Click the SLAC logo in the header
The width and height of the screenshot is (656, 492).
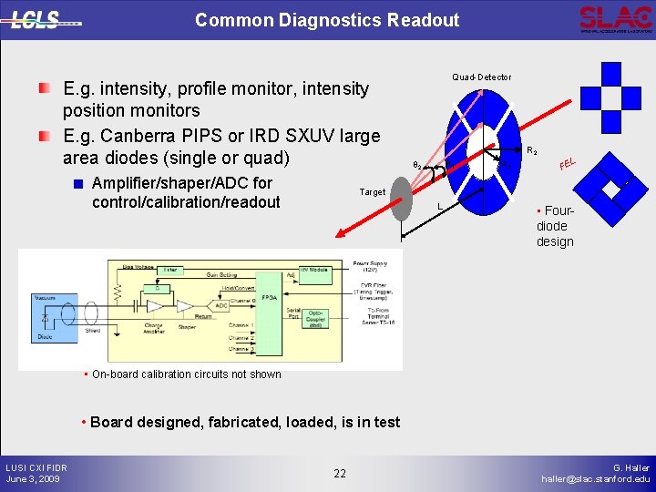[x=614, y=18]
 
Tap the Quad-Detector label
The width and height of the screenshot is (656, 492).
[x=481, y=77]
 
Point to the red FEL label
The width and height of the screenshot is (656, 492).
[x=568, y=164]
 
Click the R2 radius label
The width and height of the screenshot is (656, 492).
[x=532, y=151]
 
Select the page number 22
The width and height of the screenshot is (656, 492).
[x=339, y=473]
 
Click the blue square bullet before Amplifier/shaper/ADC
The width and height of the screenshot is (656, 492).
[x=79, y=183]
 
